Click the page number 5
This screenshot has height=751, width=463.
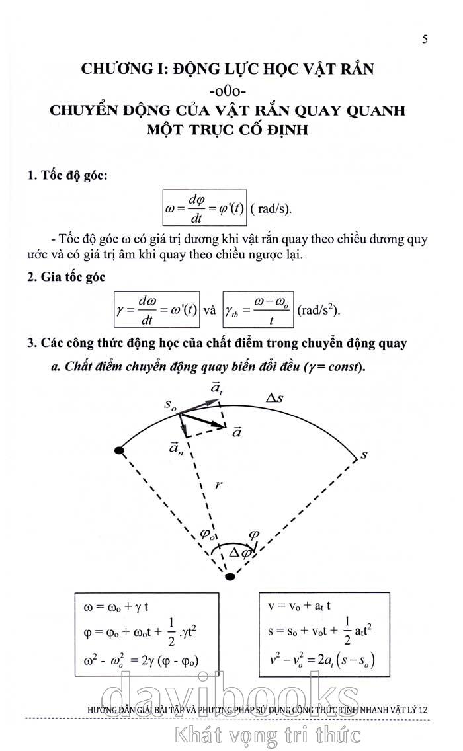[x=425, y=39]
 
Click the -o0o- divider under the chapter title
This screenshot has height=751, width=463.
[x=228, y=90]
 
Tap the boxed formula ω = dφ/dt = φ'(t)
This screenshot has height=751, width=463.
[x=206, y=208]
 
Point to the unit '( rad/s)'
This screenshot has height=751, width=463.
[x=271, y=209]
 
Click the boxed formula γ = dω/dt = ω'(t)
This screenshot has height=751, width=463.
[x=157, y=309]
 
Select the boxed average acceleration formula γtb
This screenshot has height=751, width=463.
[x=258, y=309]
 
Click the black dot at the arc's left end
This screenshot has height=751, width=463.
[x=119, y=450]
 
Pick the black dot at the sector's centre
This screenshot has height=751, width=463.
[x=230, y=577]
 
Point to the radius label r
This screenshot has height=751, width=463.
[x=218, y=485]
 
